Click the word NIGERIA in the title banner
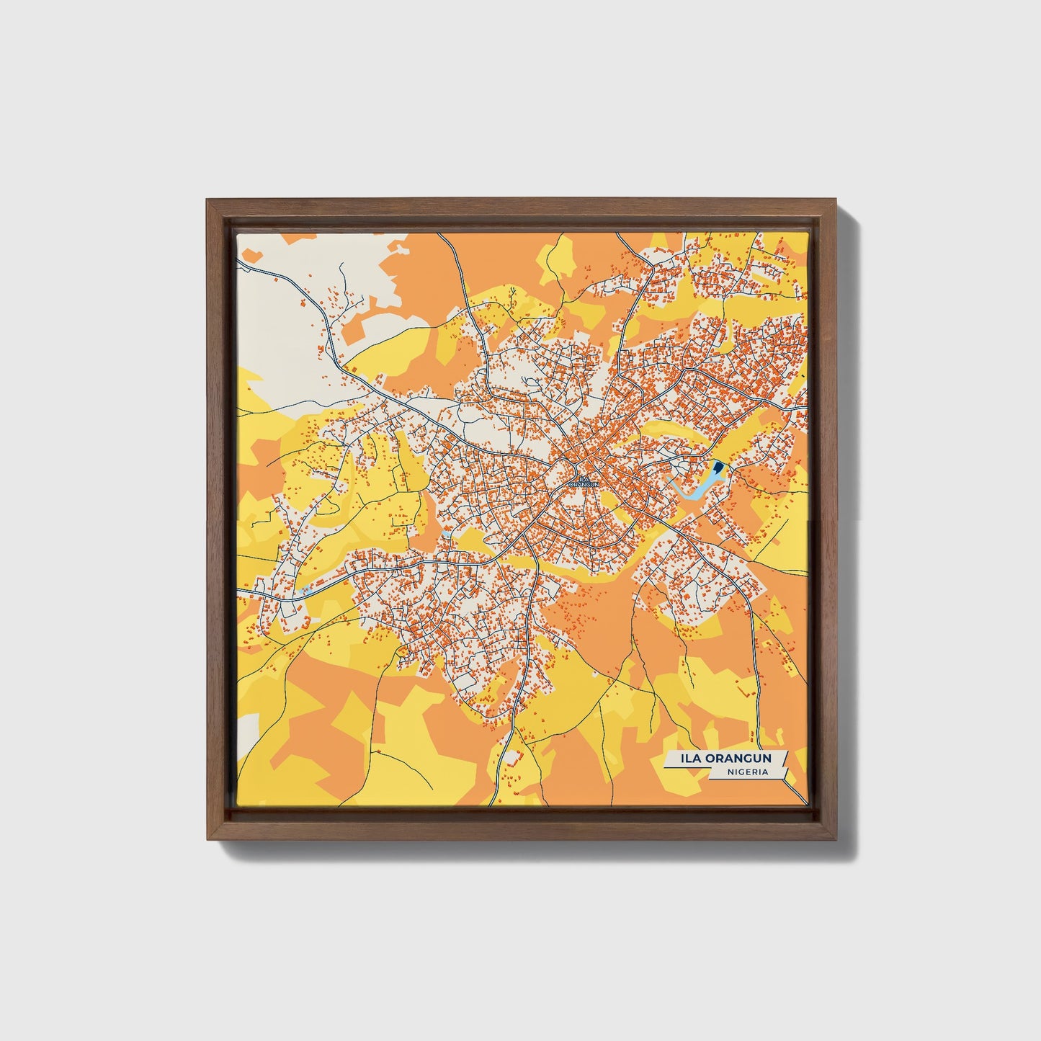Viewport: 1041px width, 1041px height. tap(748, 772)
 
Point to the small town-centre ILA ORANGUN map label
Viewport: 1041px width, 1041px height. tap(584, 481)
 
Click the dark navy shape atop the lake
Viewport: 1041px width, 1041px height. tap(717, 473)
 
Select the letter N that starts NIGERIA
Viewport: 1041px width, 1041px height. tap(731, 772)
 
